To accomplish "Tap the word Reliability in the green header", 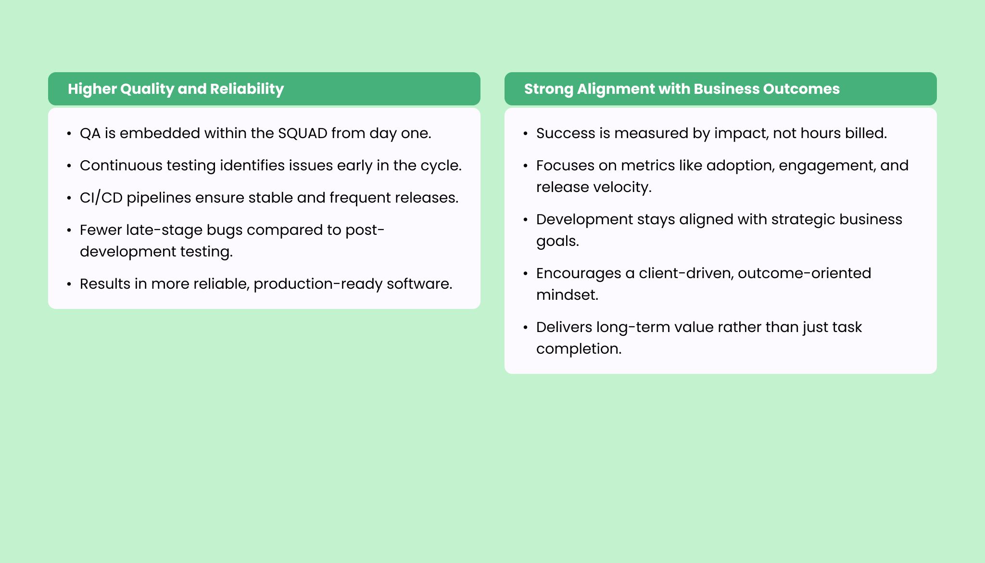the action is point(247,90).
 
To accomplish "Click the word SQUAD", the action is point(303,133).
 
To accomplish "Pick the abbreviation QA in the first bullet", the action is point(90,133).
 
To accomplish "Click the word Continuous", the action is point(121,166).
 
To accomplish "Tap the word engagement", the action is point(827,166).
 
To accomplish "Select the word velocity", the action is point(623,188).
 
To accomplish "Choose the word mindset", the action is point(568,295).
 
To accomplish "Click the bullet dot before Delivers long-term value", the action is point(526,328).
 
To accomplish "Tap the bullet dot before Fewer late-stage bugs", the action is point(69,230).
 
